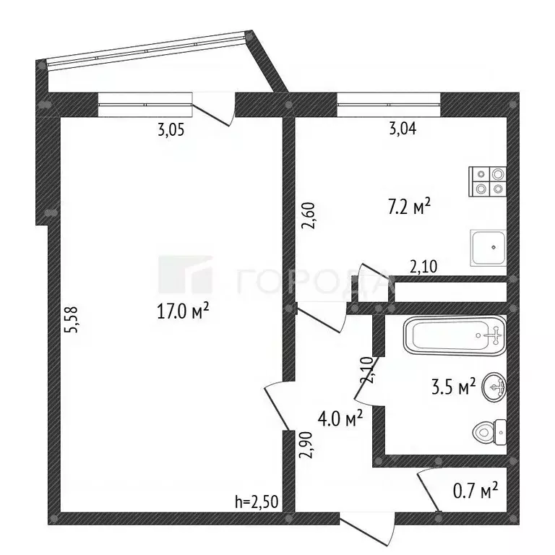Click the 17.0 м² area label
point(183,312)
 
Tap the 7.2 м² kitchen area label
point(409,207)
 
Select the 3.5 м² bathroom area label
point(453,387)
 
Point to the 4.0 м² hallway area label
point(340,419)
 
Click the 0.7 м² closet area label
point(476,491)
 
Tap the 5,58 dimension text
point(70,319)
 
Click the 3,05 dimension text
point(171,131)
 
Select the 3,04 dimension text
point(403,128)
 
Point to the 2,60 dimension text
point(308,215)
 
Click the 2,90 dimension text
point(306,445)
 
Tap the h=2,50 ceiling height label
point(257,502)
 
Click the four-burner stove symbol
point(487,181)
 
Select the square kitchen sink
point(488,248)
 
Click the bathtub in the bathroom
point(455,336)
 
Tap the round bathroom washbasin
point(494,387)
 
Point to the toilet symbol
point(489,432)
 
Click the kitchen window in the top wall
point(389,105)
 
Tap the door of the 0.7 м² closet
point(429,491)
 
